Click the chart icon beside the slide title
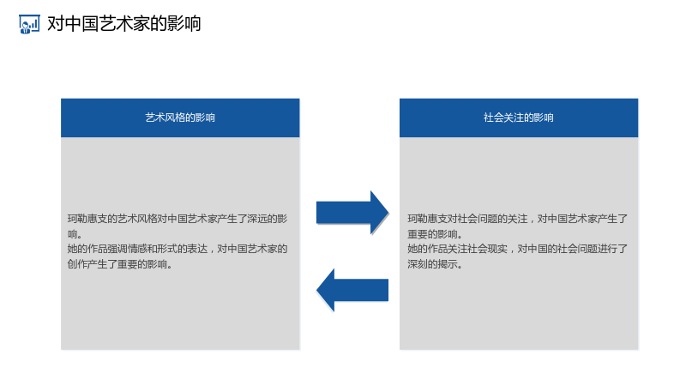click(29, 24)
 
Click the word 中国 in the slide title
click(81, 24)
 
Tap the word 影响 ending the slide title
click(184, 24)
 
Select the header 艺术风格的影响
click(180, 118)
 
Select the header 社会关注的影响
click(519, 118)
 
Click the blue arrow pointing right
click(352, 213)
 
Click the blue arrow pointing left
click(352, 290)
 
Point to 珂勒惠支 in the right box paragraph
click(427, 219)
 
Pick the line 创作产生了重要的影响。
click(119, 264)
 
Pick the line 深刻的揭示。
click(435, 264)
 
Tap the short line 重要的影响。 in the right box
click(435, 234)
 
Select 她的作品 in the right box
click(427, 249)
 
